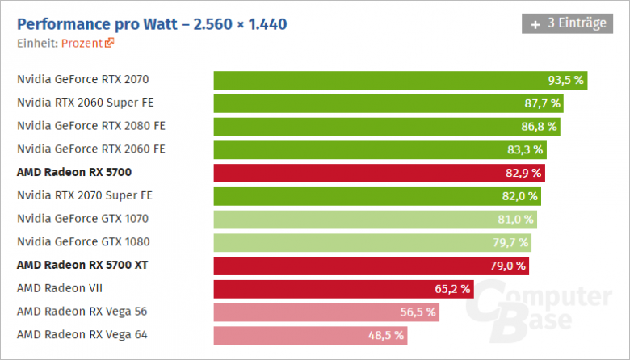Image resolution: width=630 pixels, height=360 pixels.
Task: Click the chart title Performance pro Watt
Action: (151, 23)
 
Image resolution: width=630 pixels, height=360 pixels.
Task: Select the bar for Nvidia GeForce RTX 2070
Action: (400, 80)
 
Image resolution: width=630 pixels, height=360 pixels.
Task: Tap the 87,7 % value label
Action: (542, 103)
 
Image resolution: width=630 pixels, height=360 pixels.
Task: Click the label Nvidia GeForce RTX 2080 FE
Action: (90, 126)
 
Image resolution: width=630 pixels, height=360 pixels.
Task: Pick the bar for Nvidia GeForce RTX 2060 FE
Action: (380, 149)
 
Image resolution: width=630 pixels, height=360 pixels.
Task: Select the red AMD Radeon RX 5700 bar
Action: (379, 172)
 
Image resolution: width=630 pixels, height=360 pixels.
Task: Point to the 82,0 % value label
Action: (519, 195)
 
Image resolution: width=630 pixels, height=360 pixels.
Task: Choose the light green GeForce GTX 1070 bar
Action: (375, 219)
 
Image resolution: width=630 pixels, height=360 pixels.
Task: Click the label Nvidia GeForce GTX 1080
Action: (82, 241)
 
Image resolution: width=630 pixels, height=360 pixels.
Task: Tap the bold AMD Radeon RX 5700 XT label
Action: (82, 265)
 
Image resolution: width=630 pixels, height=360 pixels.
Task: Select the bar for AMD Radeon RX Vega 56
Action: (326, 312)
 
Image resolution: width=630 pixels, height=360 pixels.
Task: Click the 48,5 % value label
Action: (385, 334)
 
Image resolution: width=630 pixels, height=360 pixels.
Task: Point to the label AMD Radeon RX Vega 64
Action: (82, 334)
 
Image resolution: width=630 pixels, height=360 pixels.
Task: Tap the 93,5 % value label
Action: (565, 80)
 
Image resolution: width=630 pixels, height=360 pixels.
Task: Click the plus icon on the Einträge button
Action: (535, 23)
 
